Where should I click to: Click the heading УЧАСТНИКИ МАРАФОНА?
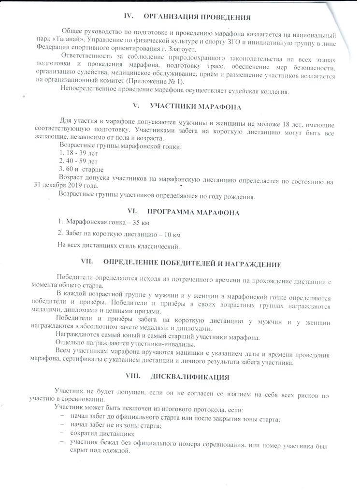click(x=196, y=106)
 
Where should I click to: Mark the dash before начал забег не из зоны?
click(x=61, y=425)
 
